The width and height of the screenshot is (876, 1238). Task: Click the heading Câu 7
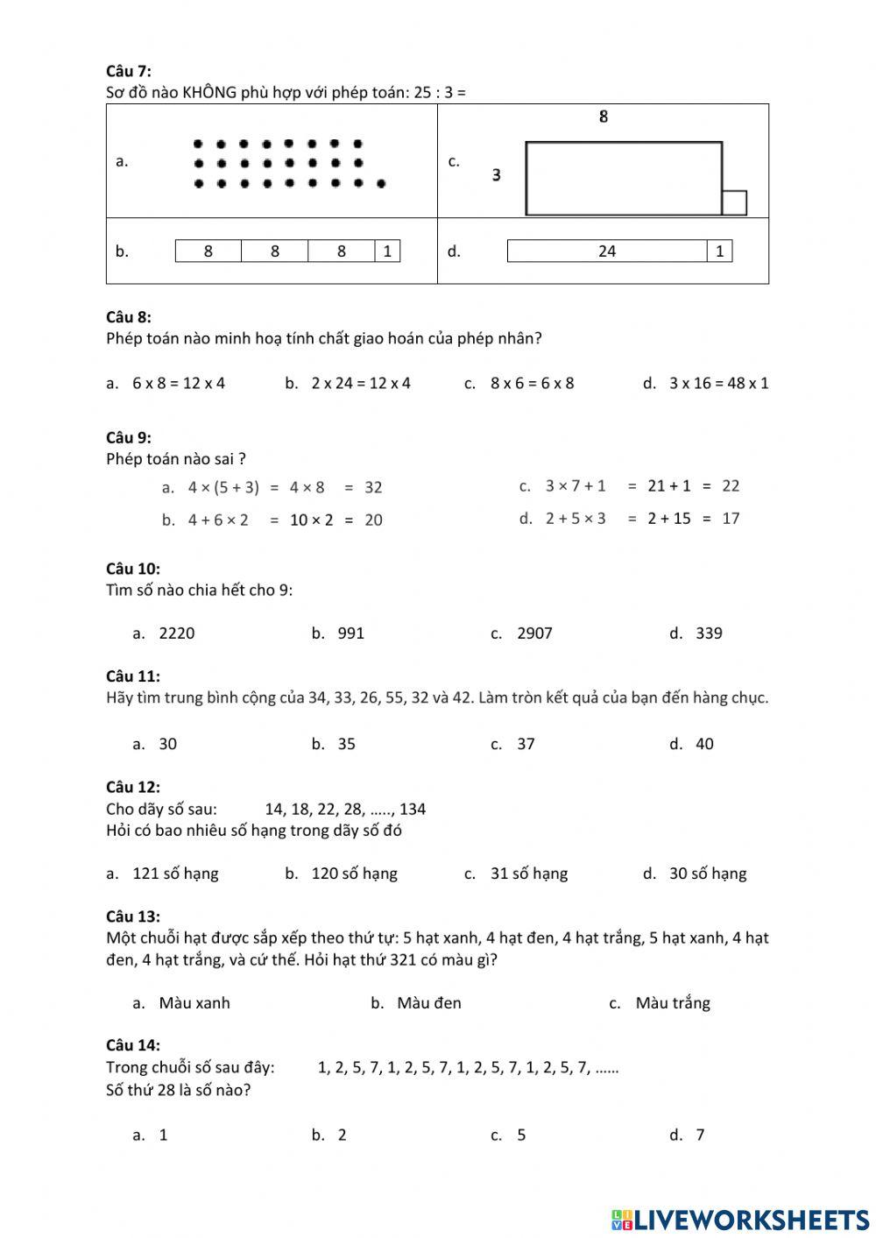pyautogui.click(x=128, y=71)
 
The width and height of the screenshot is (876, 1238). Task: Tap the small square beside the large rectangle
pyautogui.click(x=734, y=202)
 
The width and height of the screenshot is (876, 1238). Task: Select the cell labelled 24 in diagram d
pyautogui.click(x=607, y=251)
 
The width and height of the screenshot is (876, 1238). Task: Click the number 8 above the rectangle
pyautogui.click(x=603, y=117)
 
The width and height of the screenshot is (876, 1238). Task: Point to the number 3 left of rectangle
pyautogui.click(x=497, y=175)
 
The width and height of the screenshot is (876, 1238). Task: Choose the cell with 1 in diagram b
pyautogui.click(x=387, y=251)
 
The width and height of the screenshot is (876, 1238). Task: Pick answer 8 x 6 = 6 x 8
pyautogui.click(x=532, y=383)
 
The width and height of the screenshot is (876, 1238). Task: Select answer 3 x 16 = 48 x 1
pyautogui.click(x=718, y=383)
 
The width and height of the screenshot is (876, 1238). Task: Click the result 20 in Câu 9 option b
pyautogui.click(x=373, y=520)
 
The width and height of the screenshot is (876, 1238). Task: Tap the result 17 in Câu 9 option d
pyautogui.click(x=731, y=518)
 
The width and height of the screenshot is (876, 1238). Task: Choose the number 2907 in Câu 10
pyautogui.click(x=534, y=633)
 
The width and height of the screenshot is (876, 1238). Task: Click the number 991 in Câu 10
pyautogui.click(x=350, y=633)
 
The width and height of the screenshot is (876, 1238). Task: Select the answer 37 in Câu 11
pyautogui.click(x=526, y=744)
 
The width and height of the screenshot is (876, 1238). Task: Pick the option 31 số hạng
pyautogui.click(x=528, y=874)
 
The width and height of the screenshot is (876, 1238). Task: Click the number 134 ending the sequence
pyautogui.click(x=413, y=809)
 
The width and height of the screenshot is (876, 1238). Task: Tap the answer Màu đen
pyautogui.click(x=428, y=1003)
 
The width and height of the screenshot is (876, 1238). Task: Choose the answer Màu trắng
pyautogui.click(x=672, y=1003)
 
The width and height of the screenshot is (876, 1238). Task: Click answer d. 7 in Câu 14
pyautogui.click(x=700, y=1135)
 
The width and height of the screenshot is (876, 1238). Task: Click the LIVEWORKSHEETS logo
pyautogui.click(x=740, y=1220)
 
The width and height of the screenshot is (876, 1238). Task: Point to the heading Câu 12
pyautogui.click(x=133, y=787)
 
